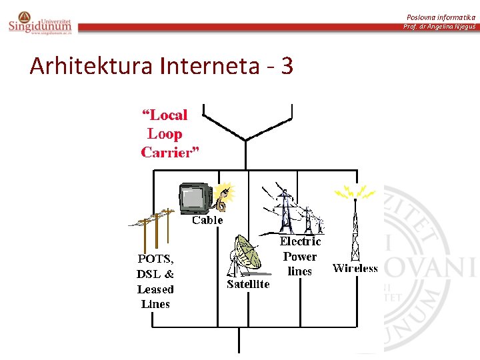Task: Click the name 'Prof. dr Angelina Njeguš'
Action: [439, 27]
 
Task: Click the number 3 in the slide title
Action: [287, 66]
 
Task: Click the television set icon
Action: [195, 197]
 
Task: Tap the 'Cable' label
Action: [207, 220]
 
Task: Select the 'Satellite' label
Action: [248, 284]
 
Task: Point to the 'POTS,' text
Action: [155, 259]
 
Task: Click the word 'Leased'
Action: [155, 289]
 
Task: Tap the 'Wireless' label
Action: [355, 269]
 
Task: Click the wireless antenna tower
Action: [355, 230]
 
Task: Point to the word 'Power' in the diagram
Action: [300, 257]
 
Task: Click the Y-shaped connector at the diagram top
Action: [247, 127]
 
